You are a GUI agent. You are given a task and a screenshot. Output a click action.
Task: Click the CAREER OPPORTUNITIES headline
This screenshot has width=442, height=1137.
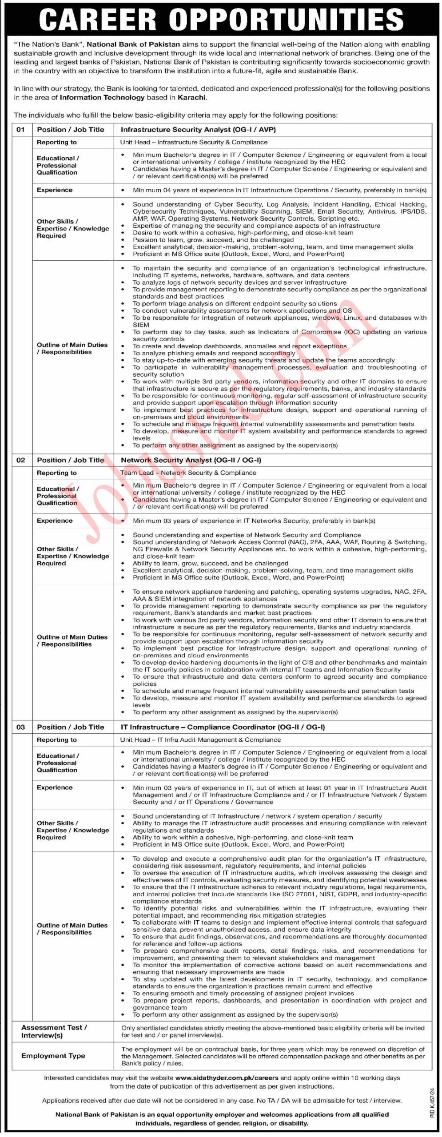(221, 20)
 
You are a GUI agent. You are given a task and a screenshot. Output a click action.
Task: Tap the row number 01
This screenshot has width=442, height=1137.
(21, 130)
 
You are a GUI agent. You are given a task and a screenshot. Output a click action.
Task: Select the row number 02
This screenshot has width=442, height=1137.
(21, 460)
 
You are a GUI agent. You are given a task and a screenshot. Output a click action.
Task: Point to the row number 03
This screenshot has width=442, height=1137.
(21, 727)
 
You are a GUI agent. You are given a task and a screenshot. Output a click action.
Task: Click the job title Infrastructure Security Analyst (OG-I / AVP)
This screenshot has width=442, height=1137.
(198, 130)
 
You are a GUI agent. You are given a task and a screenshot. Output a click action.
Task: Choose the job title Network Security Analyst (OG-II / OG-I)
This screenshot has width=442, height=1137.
(191, 460)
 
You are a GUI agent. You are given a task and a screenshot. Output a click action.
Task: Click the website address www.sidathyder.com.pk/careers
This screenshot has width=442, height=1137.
(227, 1077)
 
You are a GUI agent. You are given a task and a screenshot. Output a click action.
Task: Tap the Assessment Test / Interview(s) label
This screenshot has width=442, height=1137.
(54, 1031)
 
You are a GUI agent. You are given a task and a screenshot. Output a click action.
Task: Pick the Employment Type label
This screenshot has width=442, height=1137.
(53, 1056)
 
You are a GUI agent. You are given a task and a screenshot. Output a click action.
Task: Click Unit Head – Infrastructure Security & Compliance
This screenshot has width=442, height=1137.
(194, 142)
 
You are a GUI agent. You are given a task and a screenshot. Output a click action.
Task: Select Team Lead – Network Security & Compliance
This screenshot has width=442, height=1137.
(188, 473)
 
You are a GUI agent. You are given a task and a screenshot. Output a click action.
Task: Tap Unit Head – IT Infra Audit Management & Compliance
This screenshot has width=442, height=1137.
(200, 740)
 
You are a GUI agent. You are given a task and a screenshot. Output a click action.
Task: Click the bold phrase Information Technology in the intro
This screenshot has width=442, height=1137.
(102, 97)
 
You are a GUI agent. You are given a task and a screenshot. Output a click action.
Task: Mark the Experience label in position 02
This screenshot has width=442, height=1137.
(55, 521)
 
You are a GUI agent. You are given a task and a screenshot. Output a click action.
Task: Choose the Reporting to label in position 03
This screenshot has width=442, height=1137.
(57, 740)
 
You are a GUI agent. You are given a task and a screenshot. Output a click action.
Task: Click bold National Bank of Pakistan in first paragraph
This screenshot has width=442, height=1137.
(133, 44)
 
